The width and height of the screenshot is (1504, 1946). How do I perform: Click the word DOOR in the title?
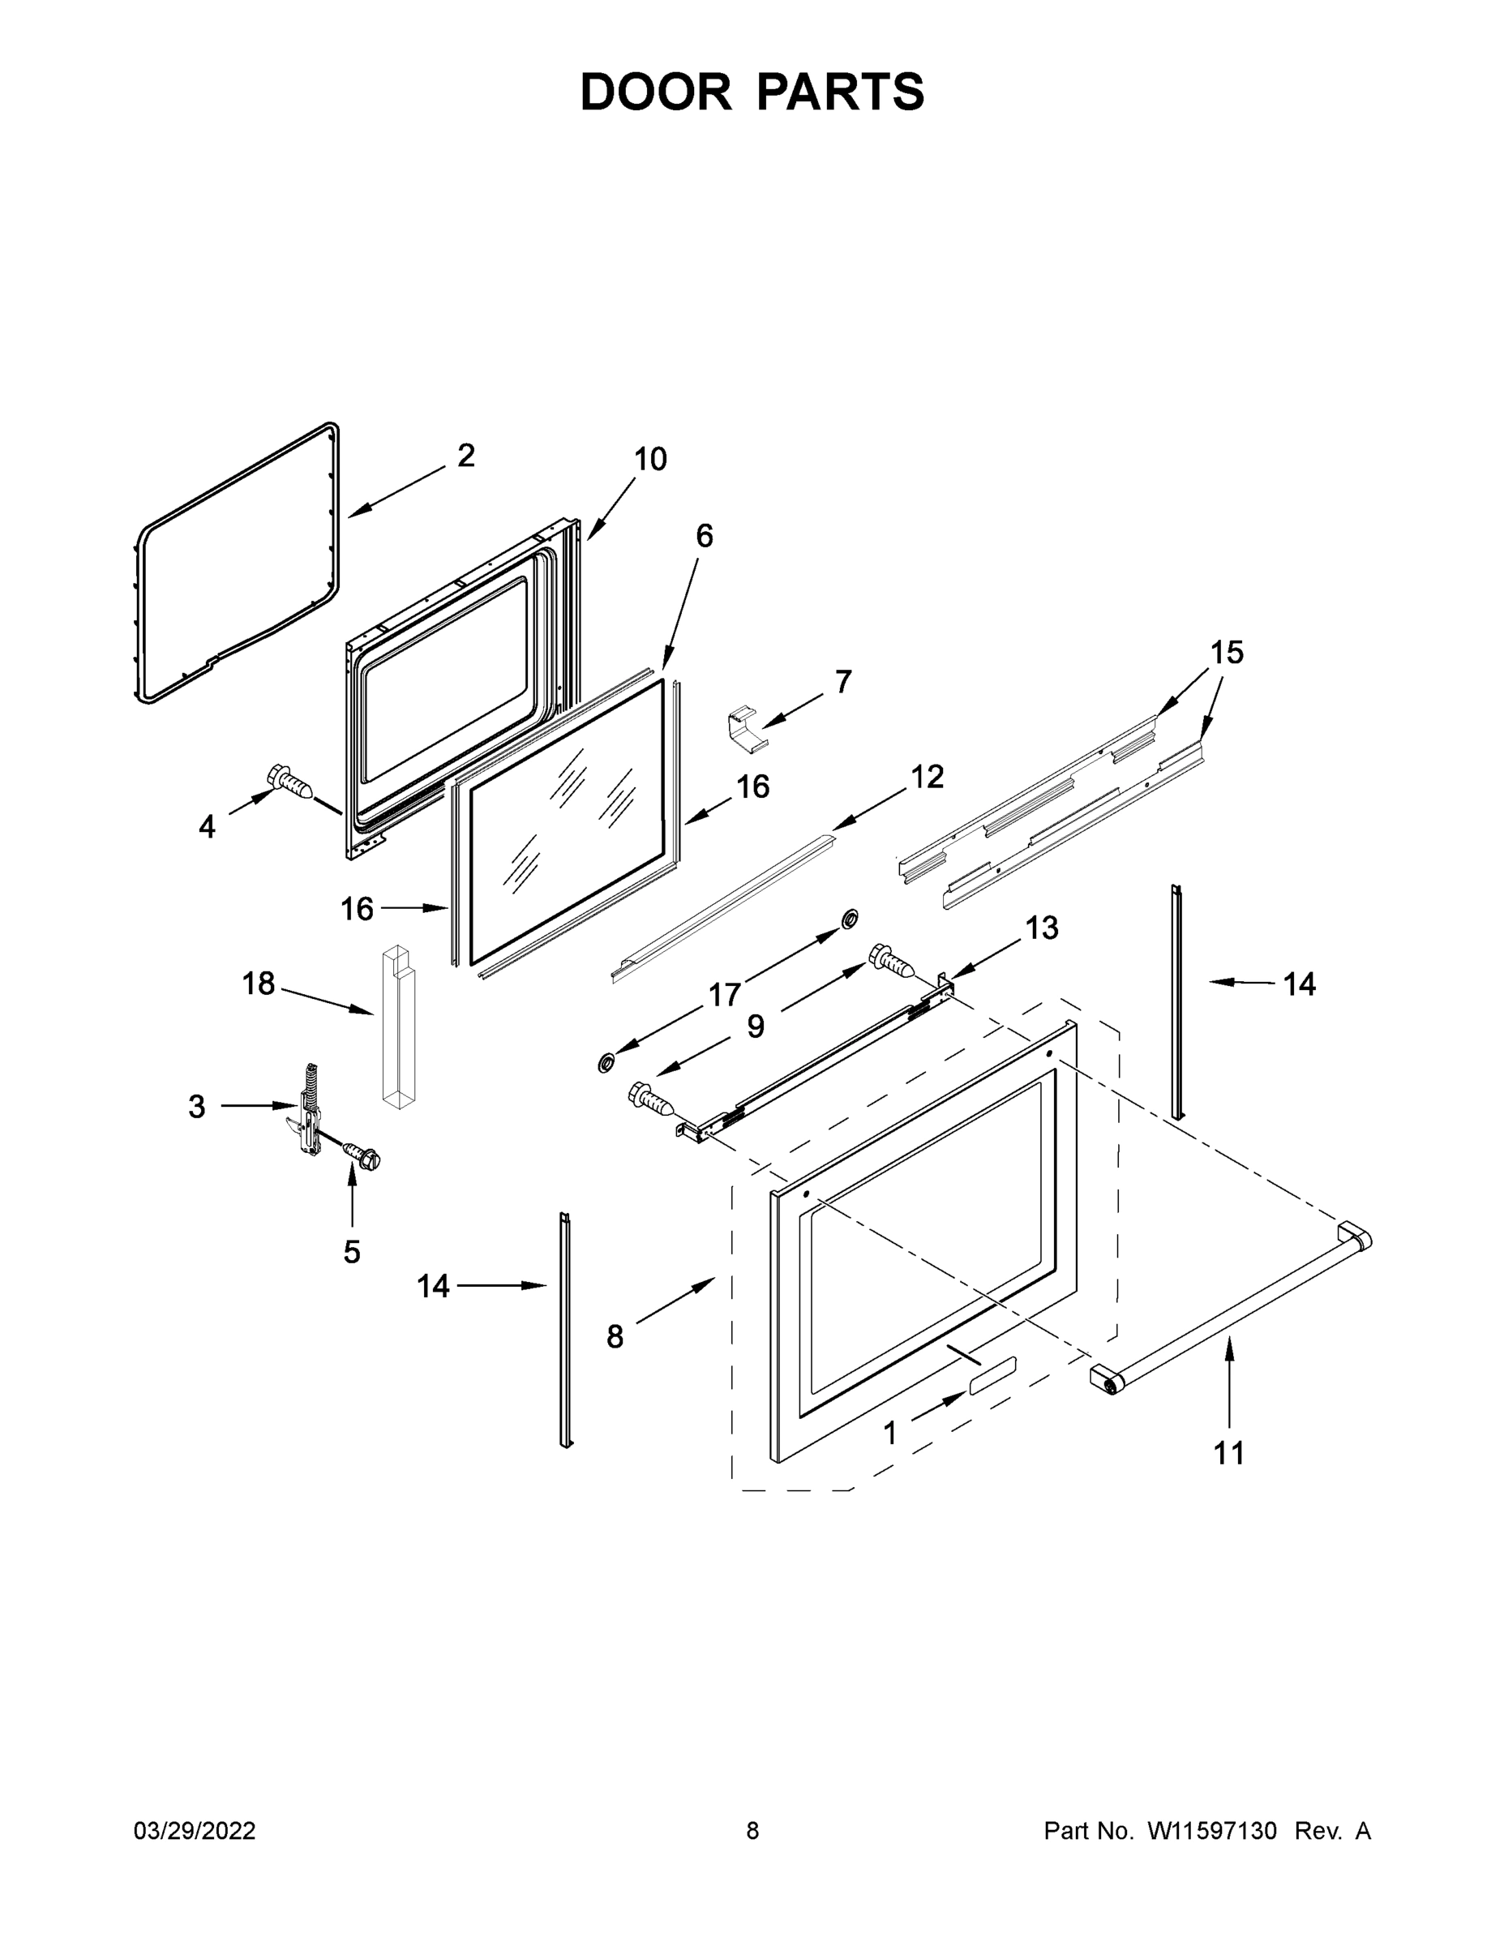coord(656,92)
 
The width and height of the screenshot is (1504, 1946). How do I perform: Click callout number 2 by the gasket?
coord(466,456)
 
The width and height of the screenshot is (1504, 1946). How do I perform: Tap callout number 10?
coord(650,460)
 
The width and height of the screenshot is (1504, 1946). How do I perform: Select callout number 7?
coord(843,682)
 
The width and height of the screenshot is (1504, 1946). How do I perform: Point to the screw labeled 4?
coord(292,783)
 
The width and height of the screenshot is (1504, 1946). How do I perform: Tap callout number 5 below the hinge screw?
coord(352,1252)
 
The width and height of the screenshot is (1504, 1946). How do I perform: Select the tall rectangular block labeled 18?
coord(397,1028)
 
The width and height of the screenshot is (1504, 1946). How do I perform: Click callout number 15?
coord(1226,652)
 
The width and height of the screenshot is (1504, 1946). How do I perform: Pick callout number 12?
coord(927,777)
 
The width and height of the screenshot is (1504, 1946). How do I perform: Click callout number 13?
coord(1041,928)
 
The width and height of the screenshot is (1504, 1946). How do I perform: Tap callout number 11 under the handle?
coord(1228,1453)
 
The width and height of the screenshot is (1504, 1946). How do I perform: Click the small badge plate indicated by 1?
coord(989,1395)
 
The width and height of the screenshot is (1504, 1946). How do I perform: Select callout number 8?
coord(615,1336)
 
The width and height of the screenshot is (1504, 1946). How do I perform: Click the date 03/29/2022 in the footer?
coord(195,1831)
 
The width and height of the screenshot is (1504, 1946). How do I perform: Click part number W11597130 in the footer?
coord(1212,1831)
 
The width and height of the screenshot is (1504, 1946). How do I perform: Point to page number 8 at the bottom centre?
coord(752,1831)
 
